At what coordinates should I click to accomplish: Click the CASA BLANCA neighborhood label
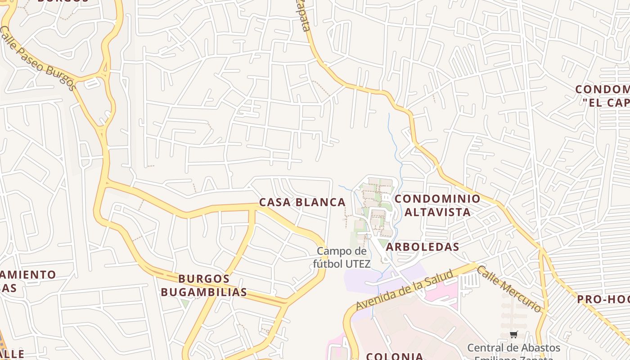[302, 202]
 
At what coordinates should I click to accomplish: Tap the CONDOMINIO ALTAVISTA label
[437, 205]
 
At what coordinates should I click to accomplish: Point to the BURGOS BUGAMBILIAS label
[204, 285]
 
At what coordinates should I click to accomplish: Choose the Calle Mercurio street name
[509, 288]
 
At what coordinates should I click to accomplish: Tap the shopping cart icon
[513, 334]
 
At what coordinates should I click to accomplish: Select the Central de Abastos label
[513, 348]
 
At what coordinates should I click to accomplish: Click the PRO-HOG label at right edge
[603, 299]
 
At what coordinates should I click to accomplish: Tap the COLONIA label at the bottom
[395, 356]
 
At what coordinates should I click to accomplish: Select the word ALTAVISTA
[437, 212]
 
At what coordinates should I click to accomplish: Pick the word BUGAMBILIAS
[204, 292]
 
